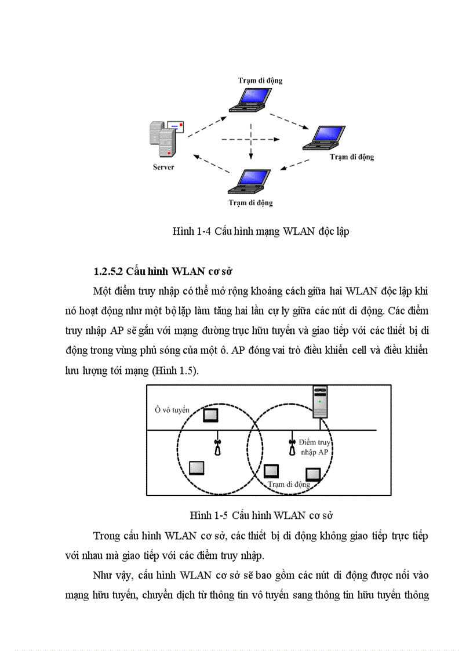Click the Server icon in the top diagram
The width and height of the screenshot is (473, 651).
pos(165,139)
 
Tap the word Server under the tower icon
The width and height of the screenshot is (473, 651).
pos(163,168)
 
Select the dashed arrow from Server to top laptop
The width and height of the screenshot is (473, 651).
pos(207,126)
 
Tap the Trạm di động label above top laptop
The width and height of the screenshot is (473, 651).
pos(260,80)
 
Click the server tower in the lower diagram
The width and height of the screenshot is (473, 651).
pos(321,402)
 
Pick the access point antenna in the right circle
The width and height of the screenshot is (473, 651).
pos(292,447)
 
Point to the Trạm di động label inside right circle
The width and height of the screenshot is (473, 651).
pos(289,483)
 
